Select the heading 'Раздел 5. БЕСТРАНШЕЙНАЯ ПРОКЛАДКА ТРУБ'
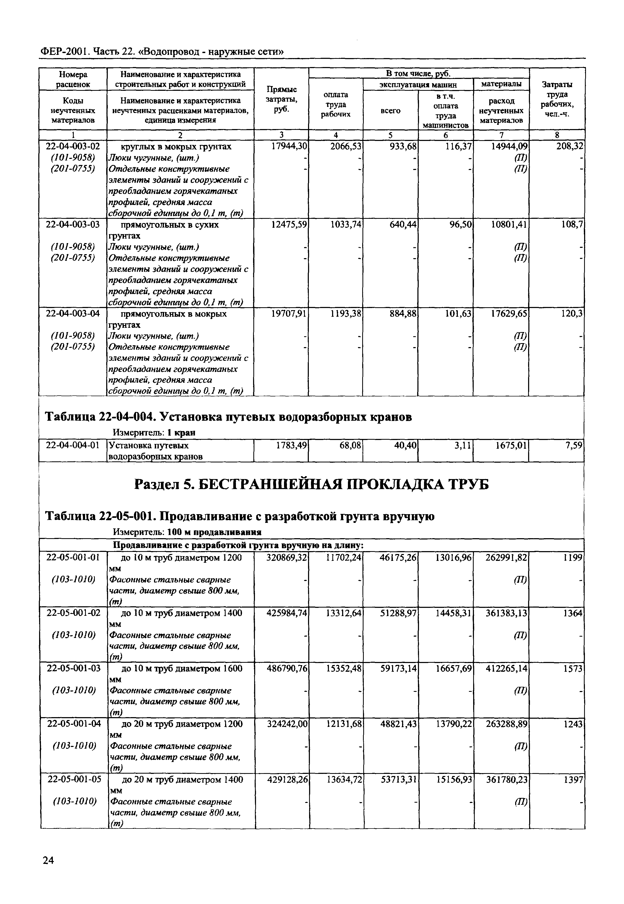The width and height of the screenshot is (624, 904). (x=311, y=485)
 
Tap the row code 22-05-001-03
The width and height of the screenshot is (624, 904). (x=73, y=668)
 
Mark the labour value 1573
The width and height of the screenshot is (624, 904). (x=573, y=668)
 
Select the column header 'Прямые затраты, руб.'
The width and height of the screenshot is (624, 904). (x=281, y=100)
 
